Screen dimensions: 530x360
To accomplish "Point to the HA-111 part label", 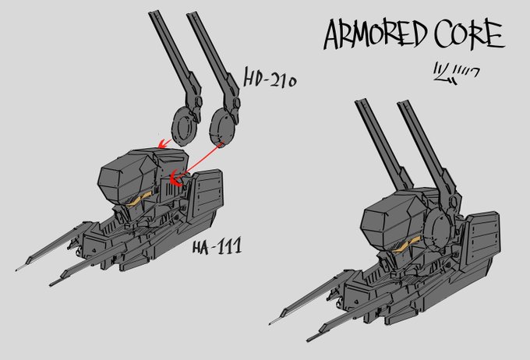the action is [x=216, y=249].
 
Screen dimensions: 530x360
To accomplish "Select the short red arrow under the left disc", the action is [x=164, y=143].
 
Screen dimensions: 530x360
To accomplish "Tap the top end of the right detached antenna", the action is [x=192, y=14].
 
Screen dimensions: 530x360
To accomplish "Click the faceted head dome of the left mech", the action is [x=125, y=175].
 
